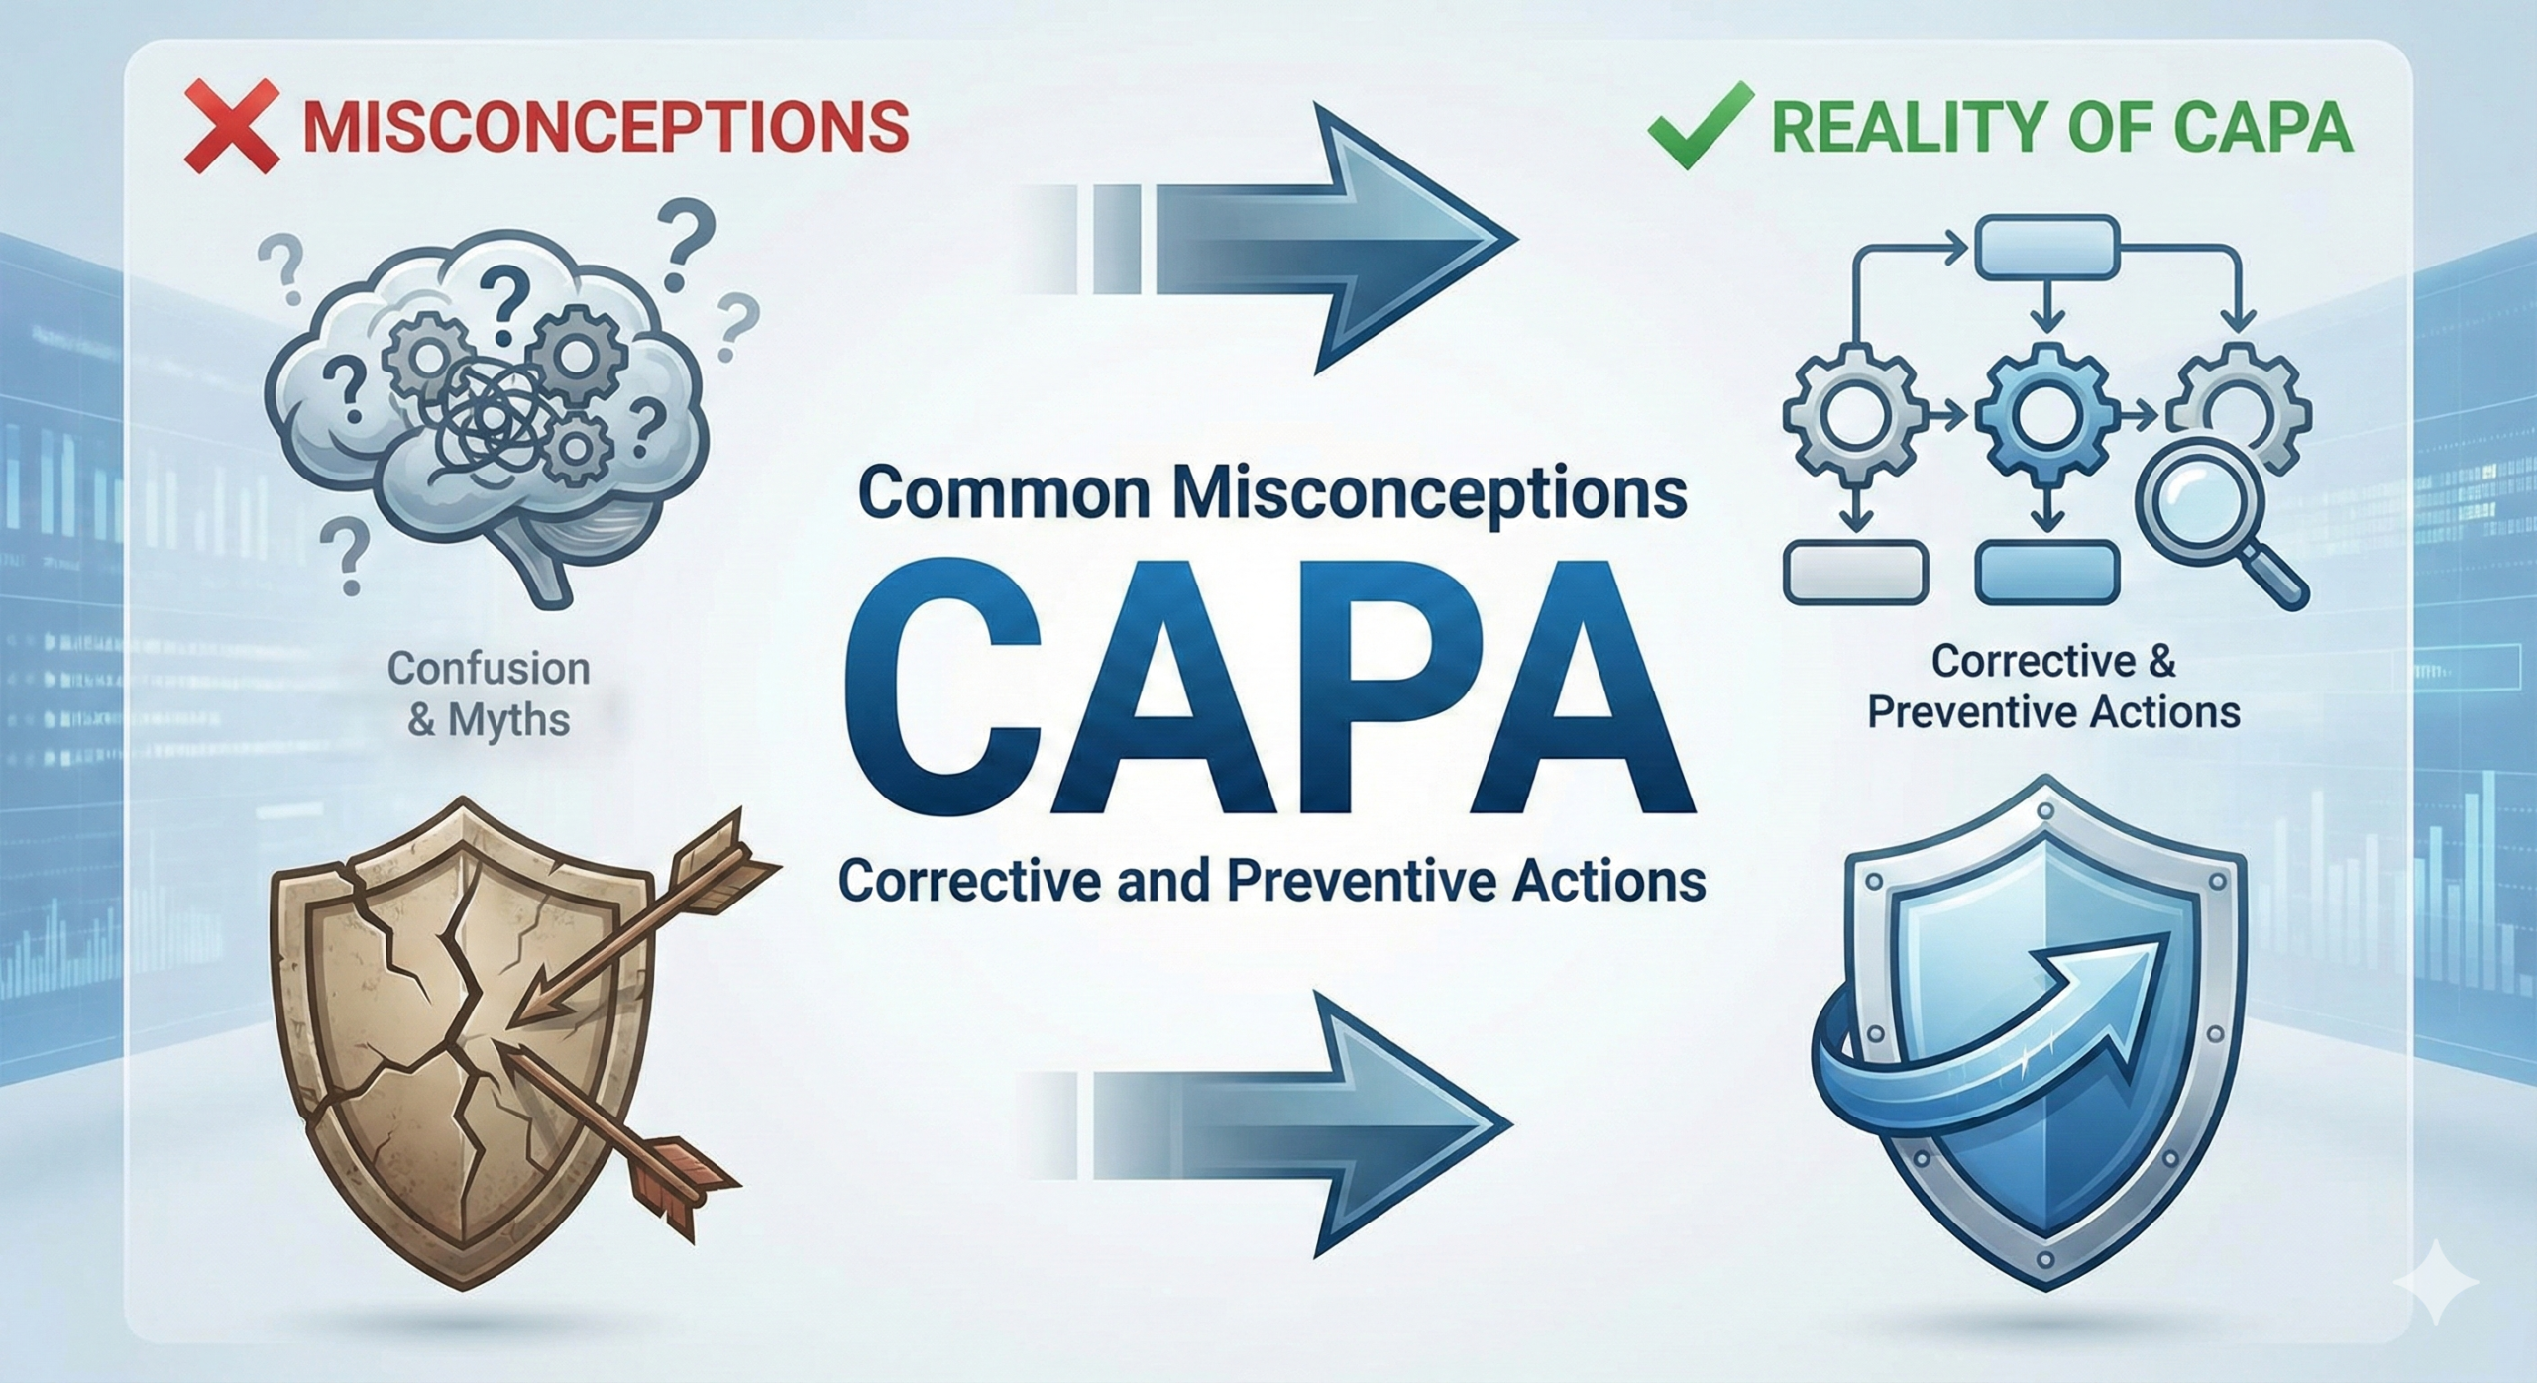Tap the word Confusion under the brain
489,669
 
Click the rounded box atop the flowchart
2047,248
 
